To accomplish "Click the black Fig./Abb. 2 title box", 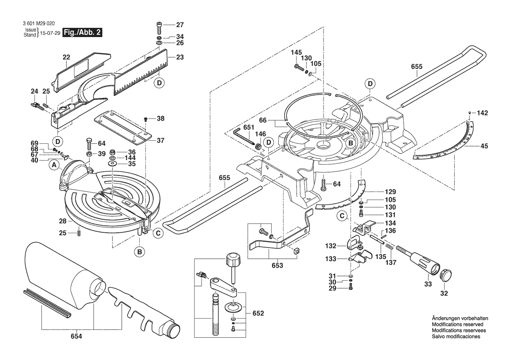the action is point(82,33).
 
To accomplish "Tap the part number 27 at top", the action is point(180,25).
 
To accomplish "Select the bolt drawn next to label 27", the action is point(159,27).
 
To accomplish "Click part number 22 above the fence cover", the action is point(66,57).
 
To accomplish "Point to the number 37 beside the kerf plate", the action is point(160,140).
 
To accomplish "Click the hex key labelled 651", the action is point(243,136).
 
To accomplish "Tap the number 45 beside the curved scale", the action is point(484,146).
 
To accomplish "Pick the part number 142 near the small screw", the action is point(482,113).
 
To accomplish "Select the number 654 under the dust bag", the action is point(77,336).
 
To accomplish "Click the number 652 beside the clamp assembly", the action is point(258,313).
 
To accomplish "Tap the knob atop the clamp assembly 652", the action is point(233,260).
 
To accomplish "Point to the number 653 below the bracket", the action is point(277,265).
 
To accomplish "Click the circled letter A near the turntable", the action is point(54,165).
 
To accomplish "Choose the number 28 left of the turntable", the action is point(63,221).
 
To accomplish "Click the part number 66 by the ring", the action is point(263,120).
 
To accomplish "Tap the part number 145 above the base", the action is point(296,52).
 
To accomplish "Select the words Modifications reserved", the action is point(457,324).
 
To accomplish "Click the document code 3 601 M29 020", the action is point(39,24).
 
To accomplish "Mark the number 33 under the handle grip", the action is point(428,284).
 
